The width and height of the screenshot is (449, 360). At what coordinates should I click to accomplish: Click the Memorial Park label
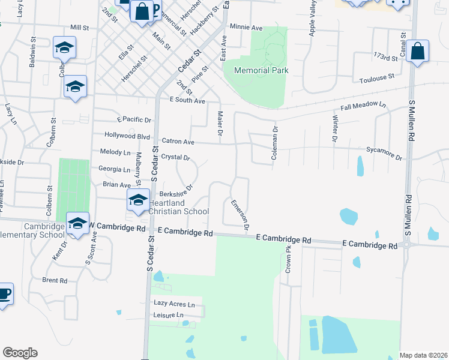[261, 70]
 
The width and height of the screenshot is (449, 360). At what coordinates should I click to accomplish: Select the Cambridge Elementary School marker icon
[77, 223]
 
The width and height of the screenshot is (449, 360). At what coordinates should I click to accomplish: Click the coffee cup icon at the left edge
[5, 294]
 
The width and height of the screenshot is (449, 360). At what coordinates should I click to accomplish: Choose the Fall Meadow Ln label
[363, 106]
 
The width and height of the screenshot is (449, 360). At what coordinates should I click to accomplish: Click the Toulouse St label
[376, 77]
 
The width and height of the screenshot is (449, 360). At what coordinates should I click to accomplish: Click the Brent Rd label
[55, 280]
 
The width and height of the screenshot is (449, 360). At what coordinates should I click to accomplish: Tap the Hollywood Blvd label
[127, 136]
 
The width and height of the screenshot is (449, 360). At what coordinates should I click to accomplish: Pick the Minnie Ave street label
[247, 28]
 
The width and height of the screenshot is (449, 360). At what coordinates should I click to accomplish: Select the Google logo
[20, 353]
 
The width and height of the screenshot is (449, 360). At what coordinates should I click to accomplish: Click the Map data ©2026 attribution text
[423, 355]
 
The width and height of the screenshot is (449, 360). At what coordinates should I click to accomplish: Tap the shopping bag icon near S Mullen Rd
[418, 50]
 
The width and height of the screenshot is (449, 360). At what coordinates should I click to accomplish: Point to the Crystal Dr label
[175, 157]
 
